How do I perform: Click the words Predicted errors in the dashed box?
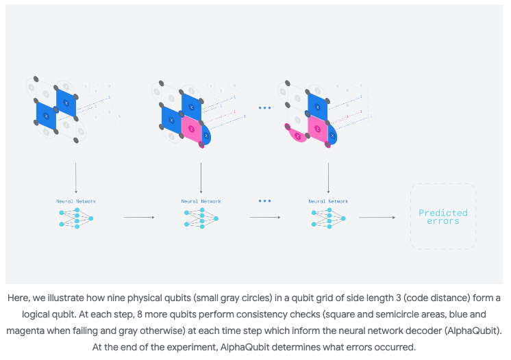pyautogui.click(x=443, y=216)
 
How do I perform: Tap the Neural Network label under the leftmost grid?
pyautogui.click(x=76, y=201)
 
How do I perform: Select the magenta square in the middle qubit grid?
pyautogui.click(x=191, y=128)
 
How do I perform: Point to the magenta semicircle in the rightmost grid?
pyautogui.click(x=298, y=137)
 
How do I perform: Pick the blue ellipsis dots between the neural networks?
pyautogui.click(x=264, y=201)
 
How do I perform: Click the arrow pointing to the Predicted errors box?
pyautogui.click(x=377, y=218)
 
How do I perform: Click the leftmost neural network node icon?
pyautogui.click(x=76, y=218)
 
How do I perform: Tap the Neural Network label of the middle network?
pyautogui.click(x=201, y=201)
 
